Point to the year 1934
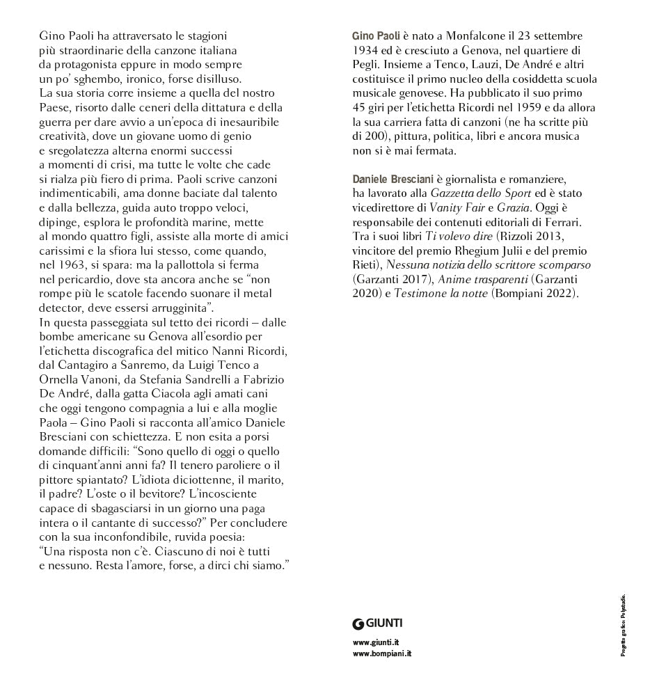pyautogui.click(x=365, y=49)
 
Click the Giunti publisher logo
pyautogui.click(x=378, y=624)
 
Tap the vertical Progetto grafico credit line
pyautogui.click(x=624, y=624)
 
